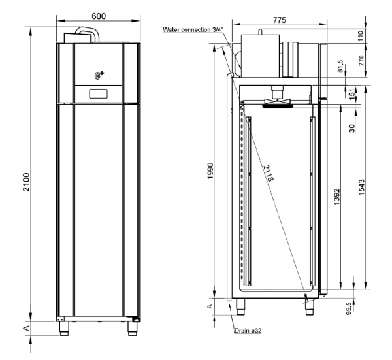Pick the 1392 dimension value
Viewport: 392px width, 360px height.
(x=335, y=197)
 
